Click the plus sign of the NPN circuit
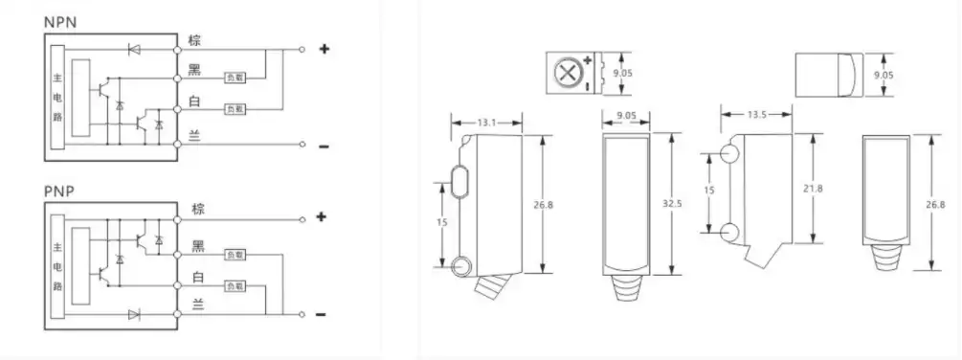point(324,48)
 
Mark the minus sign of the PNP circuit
point(323,314)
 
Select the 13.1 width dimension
point(487,122)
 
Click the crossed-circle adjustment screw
point(567,73)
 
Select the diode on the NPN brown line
point(132,48)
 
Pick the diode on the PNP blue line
point(132,313)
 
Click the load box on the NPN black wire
point(235,78)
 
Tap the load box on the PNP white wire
point(235,284)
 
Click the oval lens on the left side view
point(460,181)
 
